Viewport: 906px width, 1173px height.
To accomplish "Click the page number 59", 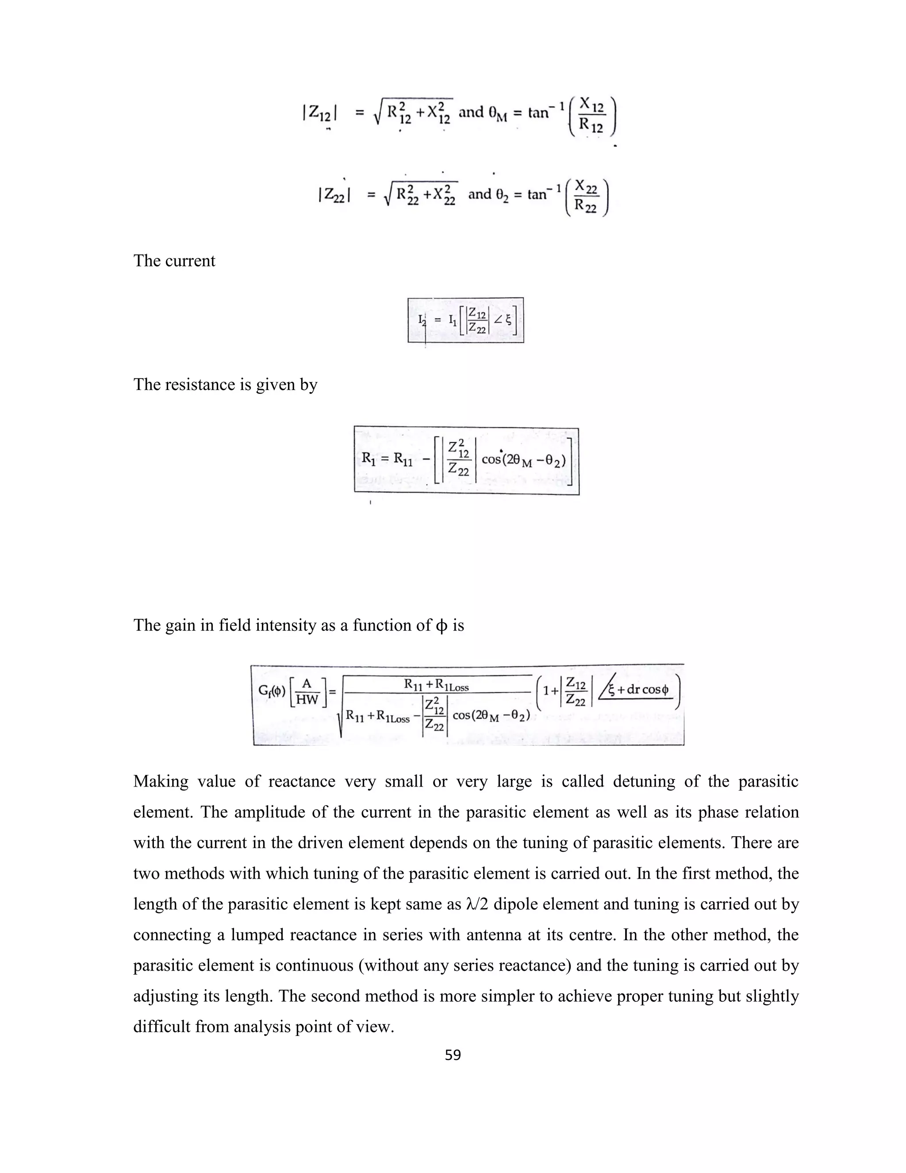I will click(453, 1055).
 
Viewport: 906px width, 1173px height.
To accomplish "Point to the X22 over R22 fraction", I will click(587, 196).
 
